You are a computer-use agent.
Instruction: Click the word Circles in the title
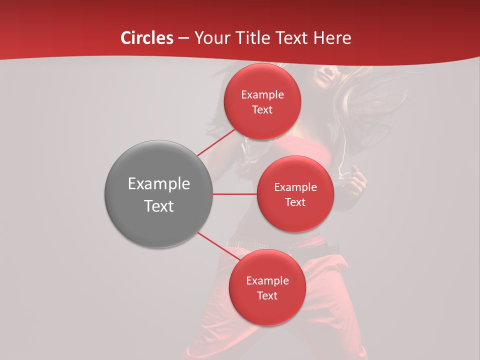[146, 38]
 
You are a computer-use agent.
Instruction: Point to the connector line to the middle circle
[234, 194]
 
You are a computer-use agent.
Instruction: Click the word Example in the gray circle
[158, 184]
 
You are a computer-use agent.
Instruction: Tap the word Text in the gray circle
[158, 206]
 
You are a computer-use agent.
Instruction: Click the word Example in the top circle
[262, 95]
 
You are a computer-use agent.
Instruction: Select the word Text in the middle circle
[295, 202]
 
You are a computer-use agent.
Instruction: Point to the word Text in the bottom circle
[267, 296]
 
